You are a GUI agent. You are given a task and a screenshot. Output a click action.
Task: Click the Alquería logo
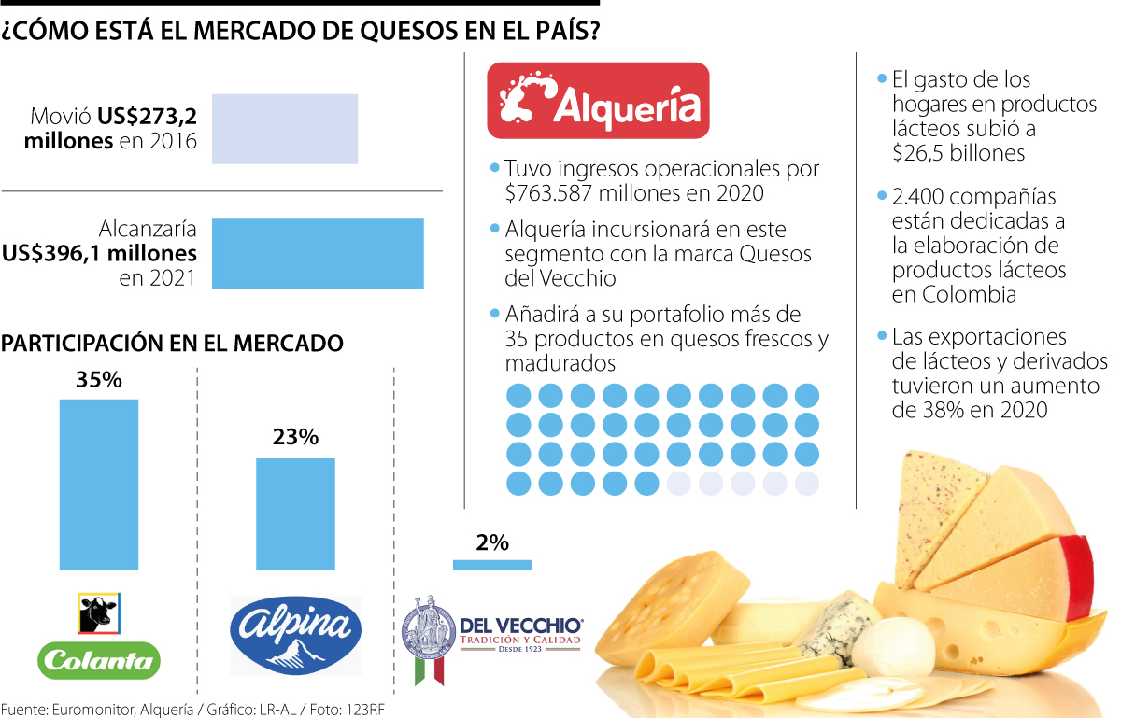coord(599,100)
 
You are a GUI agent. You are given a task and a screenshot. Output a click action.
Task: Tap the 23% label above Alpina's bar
coord(295,437)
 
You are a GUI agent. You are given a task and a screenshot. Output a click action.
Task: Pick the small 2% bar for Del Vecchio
coord(491,564)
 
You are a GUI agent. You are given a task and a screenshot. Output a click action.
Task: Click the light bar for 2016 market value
coord(285,129)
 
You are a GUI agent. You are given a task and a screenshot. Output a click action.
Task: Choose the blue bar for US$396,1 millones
coord(318,253)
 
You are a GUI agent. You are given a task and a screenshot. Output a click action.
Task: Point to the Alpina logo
coord(295,636)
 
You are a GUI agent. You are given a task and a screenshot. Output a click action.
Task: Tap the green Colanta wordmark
coord(99,661)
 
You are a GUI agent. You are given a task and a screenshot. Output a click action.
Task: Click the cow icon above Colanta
coord(98,613)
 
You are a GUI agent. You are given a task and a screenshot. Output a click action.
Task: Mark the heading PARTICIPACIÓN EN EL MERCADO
coord(173,344)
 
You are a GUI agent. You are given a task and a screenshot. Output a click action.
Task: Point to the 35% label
coord(99,381)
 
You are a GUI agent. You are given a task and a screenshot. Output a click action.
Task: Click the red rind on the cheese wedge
coord(1080,579)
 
